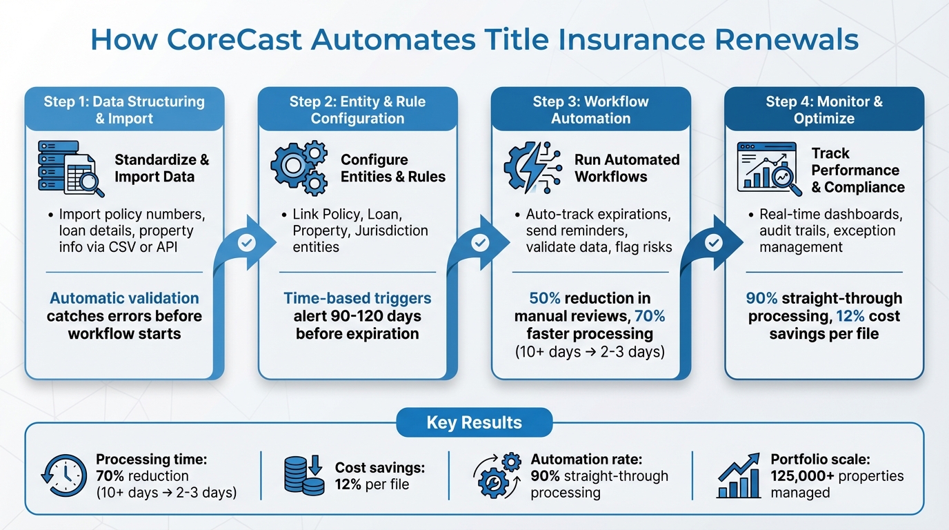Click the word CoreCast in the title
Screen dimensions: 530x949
coord(235,39)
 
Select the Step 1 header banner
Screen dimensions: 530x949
coord(124,110)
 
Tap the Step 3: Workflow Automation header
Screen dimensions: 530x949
coord(590,110)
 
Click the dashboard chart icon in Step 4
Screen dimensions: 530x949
coord(768,168)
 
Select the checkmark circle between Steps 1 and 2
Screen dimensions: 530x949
coord(247,243)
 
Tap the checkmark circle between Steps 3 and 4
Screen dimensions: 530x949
coord(714,243)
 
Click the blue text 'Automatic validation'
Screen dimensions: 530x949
coord(124,299)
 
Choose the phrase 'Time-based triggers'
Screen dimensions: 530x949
coord(357,299)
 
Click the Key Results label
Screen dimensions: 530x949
coord(474,422)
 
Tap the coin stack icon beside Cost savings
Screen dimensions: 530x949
coord(304,475)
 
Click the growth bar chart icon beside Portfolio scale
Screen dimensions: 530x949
coord(739,475)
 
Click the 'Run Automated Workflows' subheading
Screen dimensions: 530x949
coord(627,168)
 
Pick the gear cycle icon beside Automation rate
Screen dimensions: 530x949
coord(497,475)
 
